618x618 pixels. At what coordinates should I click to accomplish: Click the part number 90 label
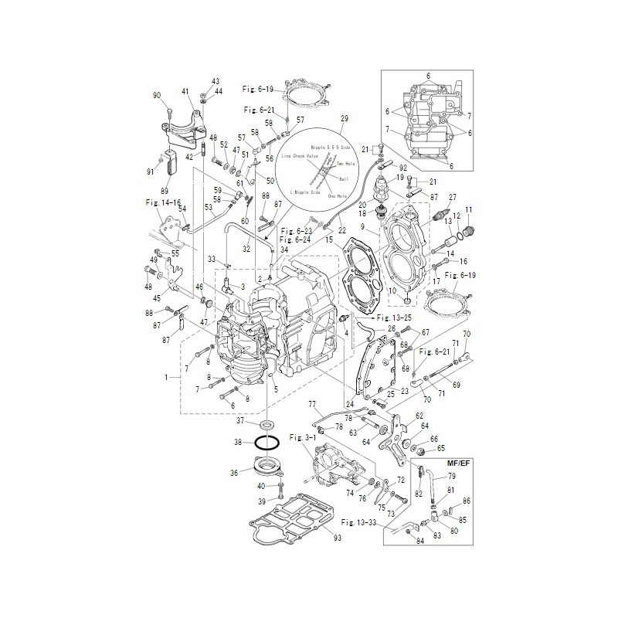(x=157, y=95)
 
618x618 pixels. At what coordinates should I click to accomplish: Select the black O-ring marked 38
(x=268, y=443)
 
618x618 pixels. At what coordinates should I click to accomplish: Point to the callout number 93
(x=337, y=536)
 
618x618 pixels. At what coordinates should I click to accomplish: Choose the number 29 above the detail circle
(x=345, y=118)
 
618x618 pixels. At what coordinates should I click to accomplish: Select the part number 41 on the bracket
(x=185, y=92)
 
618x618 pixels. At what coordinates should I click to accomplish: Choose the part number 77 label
(x=312, y=404)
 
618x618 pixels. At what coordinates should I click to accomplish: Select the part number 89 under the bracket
(x=163, y=190)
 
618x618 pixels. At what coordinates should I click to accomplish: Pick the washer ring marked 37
(x=267, y=424)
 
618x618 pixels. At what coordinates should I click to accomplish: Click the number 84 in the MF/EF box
(x=419, y=541)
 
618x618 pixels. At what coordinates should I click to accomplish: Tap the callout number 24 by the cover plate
(x=350, y=403)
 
